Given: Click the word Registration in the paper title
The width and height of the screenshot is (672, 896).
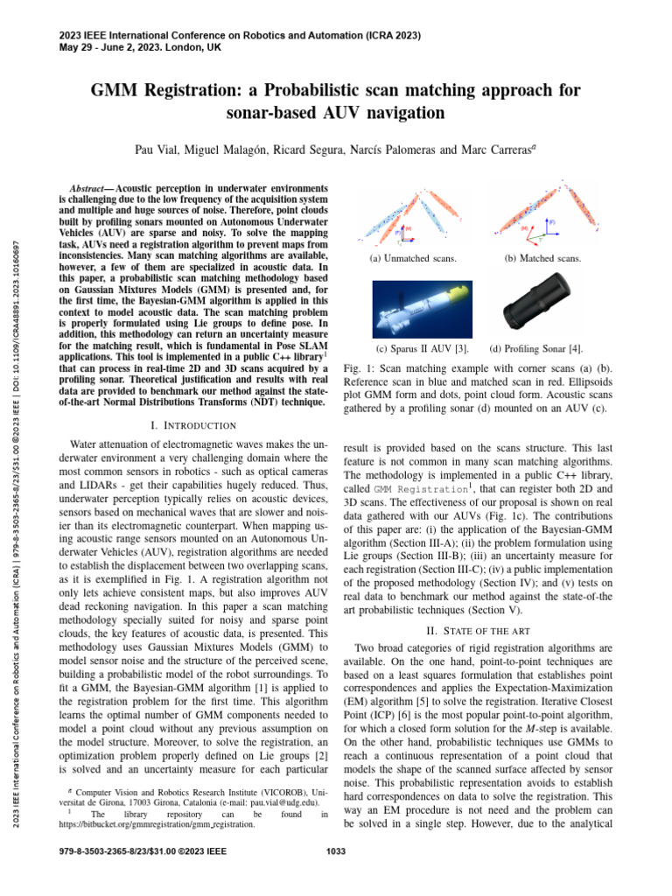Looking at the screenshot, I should (x=191, y=91).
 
